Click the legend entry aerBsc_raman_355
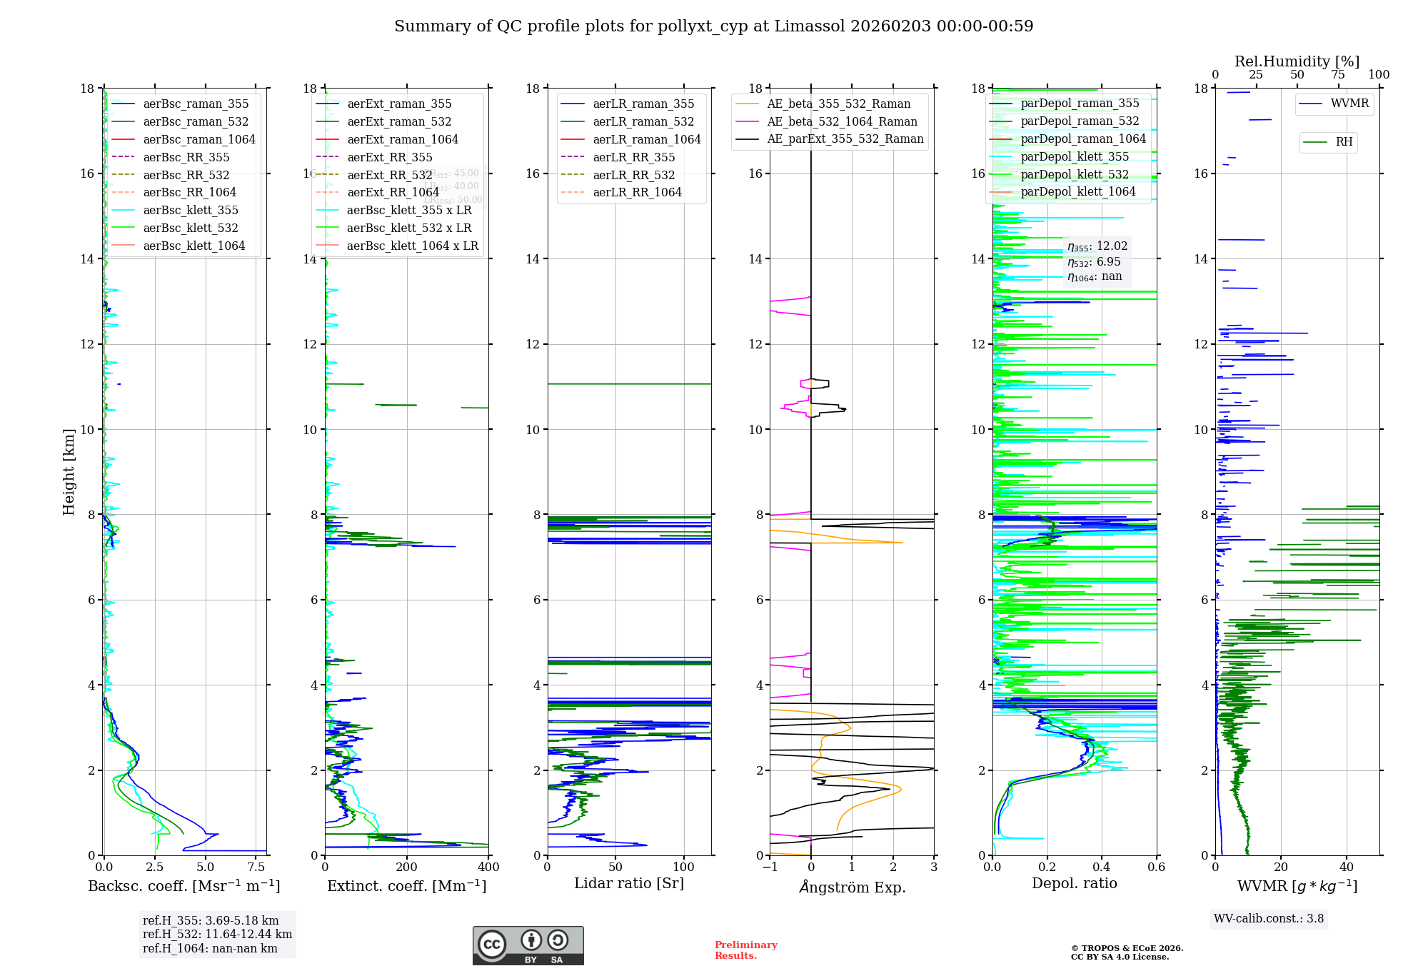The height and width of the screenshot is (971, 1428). point(196,104)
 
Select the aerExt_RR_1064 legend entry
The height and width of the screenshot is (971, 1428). point(393,192)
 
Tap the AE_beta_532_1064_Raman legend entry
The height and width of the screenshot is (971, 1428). point(842,122)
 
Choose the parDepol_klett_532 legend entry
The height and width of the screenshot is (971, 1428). point(1075,174)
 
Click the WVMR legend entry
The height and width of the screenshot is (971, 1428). point(1349,104)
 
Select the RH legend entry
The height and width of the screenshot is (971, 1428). point(1344,142)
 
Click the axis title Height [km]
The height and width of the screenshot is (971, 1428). point(69,471)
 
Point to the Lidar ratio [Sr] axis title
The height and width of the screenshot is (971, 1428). point(629,884)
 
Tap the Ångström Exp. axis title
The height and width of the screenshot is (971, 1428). point(852,887)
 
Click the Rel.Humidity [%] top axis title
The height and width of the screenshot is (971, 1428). point(1297,61)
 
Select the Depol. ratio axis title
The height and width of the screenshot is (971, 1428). point(1074,884)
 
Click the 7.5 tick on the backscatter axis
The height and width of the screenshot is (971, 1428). point(256,867)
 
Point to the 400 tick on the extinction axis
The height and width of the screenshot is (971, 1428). point(488,867)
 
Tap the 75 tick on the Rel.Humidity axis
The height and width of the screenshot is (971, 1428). point(1338,75)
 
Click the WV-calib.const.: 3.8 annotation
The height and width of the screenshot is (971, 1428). point(1269,919)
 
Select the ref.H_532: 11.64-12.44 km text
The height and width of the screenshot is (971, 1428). point(217,935)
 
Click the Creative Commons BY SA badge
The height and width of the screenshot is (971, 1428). point(528,946)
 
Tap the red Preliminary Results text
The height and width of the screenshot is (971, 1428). point(745,950)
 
